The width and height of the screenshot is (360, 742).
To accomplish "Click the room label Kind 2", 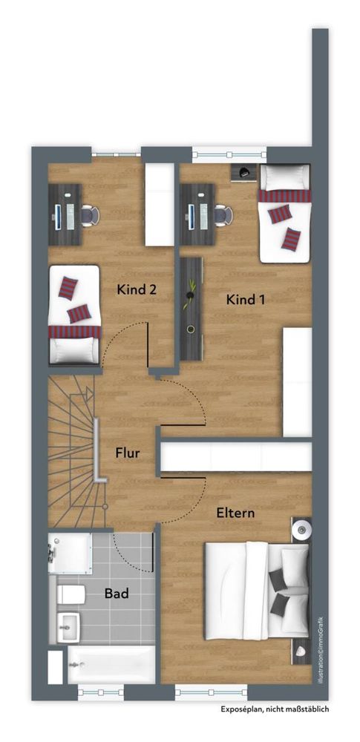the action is [x=137, y=289].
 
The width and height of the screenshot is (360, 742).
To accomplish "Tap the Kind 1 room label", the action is [x=246, y=300].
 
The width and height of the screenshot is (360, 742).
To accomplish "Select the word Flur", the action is [x=128, y=453].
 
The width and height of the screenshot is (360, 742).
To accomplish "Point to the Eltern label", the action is [x=236, y=513].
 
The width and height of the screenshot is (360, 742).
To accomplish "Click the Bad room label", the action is [x=117, y=594].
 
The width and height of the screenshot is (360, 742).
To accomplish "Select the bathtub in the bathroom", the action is [x=111, y=665].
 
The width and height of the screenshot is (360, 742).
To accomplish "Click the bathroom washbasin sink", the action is [x=69, y=627].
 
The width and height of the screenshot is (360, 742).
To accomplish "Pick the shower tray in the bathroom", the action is [x=70, y=554].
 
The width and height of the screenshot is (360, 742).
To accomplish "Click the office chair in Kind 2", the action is [x=90, y=216].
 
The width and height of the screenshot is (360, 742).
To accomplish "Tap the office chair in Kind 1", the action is [x=223, y=215].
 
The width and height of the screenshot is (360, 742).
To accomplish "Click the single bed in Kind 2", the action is [x=74, y=315].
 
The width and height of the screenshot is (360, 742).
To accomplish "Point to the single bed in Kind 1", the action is [x=285, y=214].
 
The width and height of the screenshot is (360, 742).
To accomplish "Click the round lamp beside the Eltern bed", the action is [x=301, y=529].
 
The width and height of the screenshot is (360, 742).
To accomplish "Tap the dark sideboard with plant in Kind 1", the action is [x=192, y=308].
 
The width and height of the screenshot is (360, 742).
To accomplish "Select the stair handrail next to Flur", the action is [x=97, y=450].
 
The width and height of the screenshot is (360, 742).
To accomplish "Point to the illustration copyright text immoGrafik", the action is [x=321, y=649].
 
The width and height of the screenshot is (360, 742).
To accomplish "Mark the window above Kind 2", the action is [x=116, y=154].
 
